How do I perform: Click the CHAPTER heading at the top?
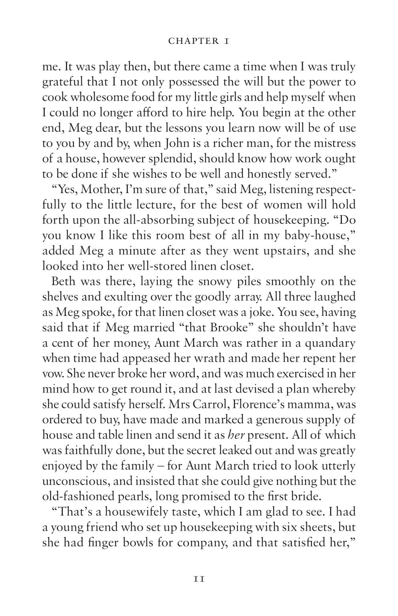[x=199, y=41]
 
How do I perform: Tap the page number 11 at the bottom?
[x=199, y=579]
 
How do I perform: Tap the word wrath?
[x=221, y=359]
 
